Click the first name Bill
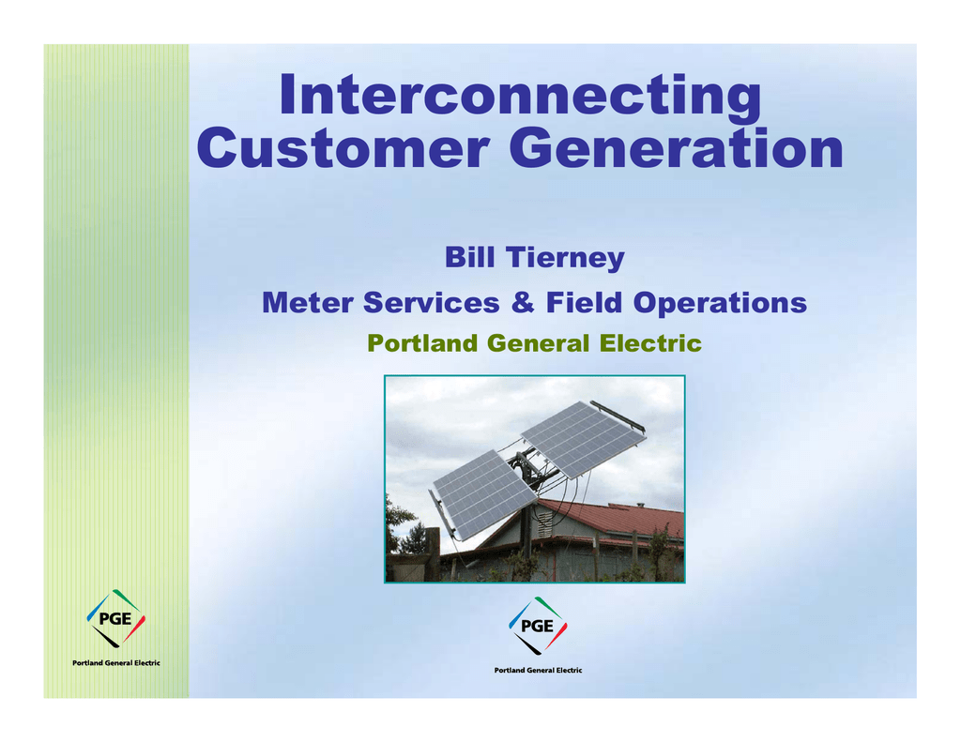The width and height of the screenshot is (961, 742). coord(469,257)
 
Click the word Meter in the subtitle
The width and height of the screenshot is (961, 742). coord(307,303)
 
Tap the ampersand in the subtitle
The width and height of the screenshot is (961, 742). coord(523,303)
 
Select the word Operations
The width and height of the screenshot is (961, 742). coord(720,304)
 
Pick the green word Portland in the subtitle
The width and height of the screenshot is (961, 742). coord(421,343)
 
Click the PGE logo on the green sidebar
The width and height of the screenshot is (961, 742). coord(115,618)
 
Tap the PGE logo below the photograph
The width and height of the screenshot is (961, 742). coord(538,626)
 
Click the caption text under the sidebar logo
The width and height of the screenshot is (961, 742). coord(115,663)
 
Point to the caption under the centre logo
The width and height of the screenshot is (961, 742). coord(538,671)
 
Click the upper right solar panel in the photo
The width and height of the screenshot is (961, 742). coord(583,438)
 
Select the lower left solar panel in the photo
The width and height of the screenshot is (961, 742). coord(477,494)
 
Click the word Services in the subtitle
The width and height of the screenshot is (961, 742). coord(432,303)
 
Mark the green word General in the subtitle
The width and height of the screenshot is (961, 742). coord(538,343)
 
